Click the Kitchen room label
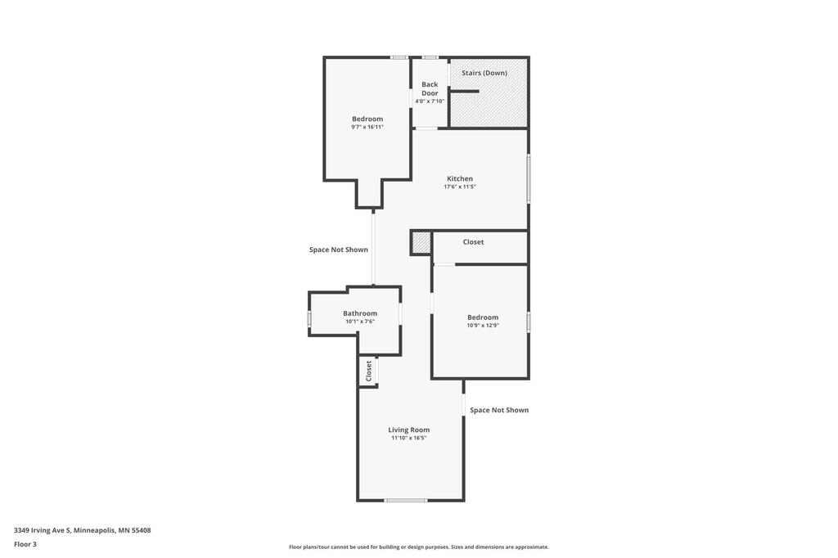[x=460, y=178]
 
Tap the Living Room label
[x=409, y=430]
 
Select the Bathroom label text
[x=360, y=313]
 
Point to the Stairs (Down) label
[x=484, y=73]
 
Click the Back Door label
[x=430, y=88]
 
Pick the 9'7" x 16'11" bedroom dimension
[x=367, y=127]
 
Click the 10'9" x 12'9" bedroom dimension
[x=483, y=325]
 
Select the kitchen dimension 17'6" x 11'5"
[x=460, y=187]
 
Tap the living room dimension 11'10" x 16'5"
[x=409, y=438]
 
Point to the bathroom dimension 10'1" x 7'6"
[x=360, y=322]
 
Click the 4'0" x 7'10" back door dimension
[x=430, y=101]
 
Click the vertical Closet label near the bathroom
[x=368, y=371]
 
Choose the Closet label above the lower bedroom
[x=473, y=242]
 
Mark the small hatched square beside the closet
[x=421, y=243]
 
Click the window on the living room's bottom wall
[x=406, y=500]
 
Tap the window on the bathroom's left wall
[x=309, y=318]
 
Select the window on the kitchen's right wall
[x=529, y=178]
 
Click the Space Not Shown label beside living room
[x=499, y=410]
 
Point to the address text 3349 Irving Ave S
[x=43, y=530]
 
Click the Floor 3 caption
[x=25, y=544]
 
